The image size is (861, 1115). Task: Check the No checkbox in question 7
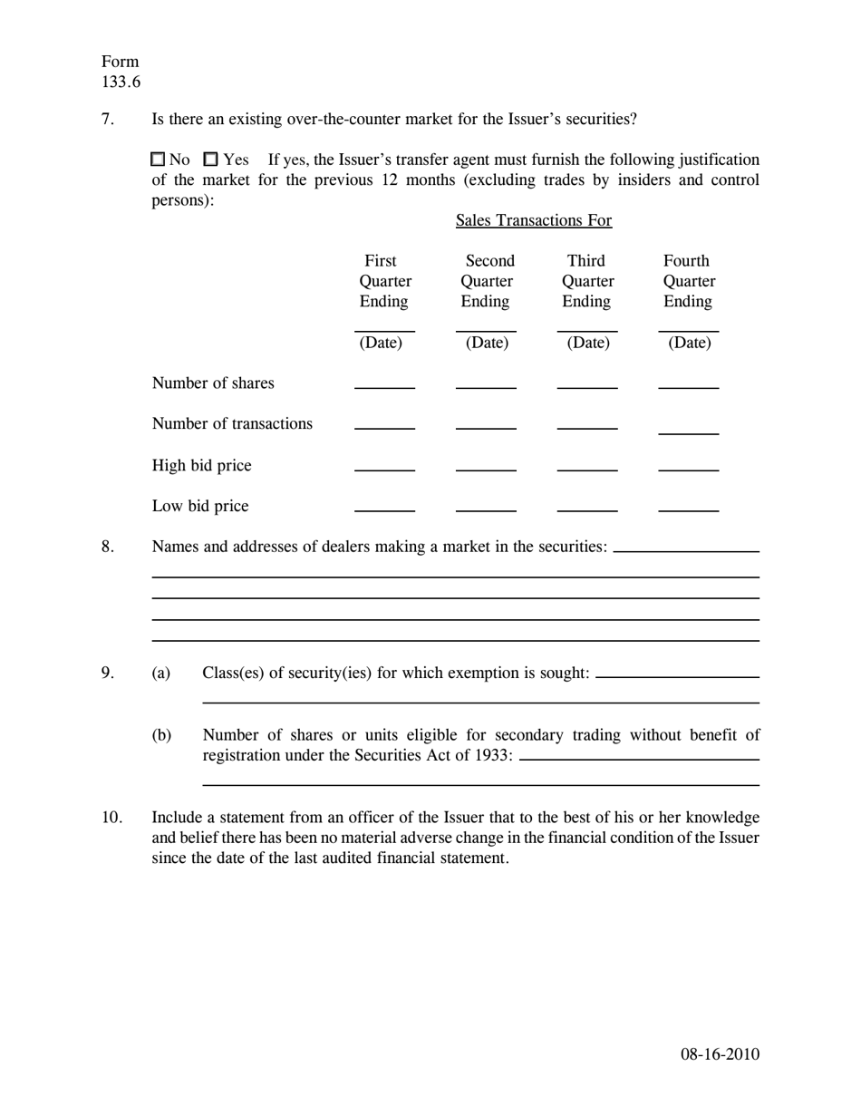(x=158, y=160)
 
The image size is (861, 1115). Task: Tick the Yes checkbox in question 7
(x=210, y=160)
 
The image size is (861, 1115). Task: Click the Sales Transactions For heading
(x=533, y=220)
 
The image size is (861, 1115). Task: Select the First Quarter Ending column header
(x=384, y=281)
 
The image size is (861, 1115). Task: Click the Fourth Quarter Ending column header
(x=689, y=281)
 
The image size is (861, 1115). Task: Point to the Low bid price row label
(x=200, y=506)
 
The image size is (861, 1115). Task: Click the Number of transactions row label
(x=232, y=423)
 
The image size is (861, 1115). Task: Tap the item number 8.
(x=108, y=546)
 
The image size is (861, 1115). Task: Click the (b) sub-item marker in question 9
(x=160, y=734)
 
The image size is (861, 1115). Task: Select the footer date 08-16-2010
(x=720, y=1053)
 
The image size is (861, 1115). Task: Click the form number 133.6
(x=121, y=82)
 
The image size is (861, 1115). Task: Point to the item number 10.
(x=111, y=817)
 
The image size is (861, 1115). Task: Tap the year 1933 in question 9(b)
(x=493, y=754)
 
